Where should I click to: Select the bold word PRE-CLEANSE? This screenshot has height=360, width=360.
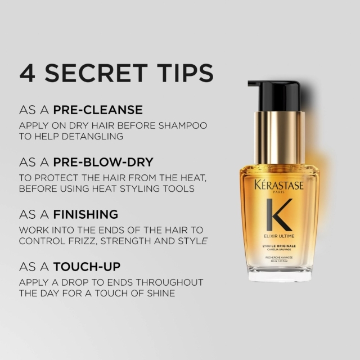pyautogui.click(x=98, y=109)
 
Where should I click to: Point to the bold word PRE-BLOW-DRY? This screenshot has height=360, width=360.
pyautogui.click(x=103, y=162)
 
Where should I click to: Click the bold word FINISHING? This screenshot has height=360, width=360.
pyautogui.click(x=85, y=215)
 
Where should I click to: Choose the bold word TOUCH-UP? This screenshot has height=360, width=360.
pyautogui.click(x=87, y=267)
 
